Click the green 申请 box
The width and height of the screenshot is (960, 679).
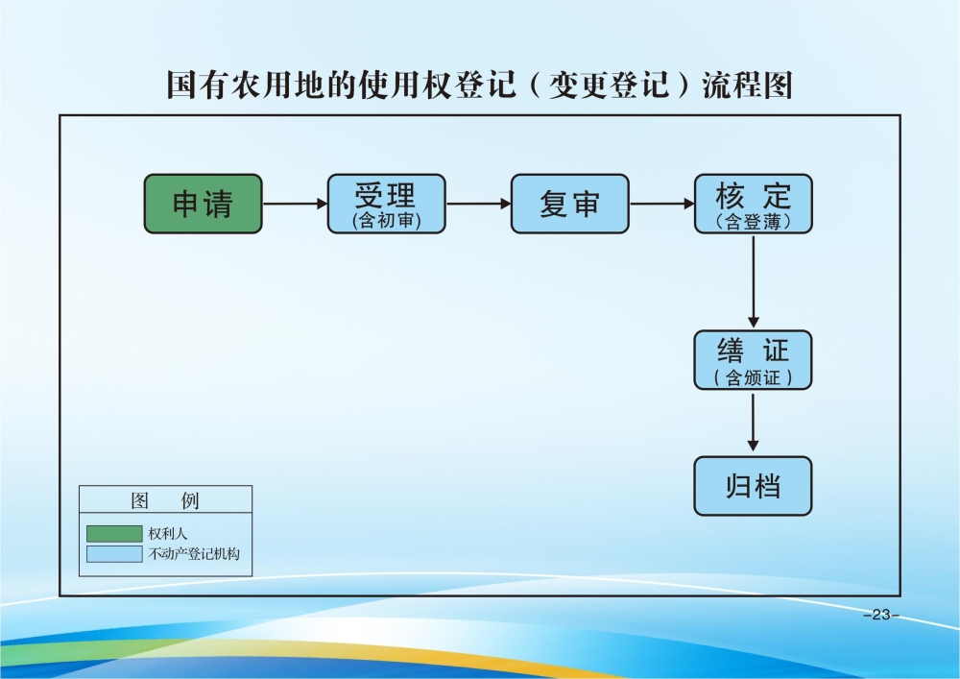pos(203,204)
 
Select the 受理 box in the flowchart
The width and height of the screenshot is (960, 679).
pos(386,204)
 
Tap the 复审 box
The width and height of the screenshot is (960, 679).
pos(569,204)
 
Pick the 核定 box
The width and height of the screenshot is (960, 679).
pos(753,204)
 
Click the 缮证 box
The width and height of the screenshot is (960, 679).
pos(753,360)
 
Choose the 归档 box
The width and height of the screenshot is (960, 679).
pos(753,486)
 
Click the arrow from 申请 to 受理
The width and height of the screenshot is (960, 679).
pos(295,204)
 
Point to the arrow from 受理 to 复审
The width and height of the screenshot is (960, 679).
pos(478,204)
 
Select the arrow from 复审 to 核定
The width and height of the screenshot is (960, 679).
pos(661,204)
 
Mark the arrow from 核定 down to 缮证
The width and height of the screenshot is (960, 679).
pos(754,281)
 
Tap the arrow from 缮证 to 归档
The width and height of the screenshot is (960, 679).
pos(754,423)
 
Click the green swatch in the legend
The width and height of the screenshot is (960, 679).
pos(113,533)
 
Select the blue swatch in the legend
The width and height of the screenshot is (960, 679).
pos(113,554)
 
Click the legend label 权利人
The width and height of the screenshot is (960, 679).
pos(167,533)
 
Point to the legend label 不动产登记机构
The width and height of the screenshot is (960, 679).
pos(193,554)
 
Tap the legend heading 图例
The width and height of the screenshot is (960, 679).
pos(165,501)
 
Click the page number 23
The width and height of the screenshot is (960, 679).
pos(881,615)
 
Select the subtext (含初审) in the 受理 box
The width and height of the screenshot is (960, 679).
pos(386,222)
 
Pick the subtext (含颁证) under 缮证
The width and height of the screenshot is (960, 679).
pos(753,377)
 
